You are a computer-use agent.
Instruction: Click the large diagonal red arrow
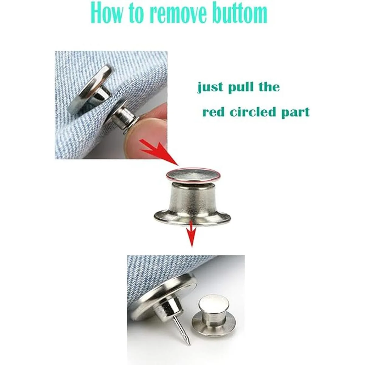pyautogui.click(x=159, y=152)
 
